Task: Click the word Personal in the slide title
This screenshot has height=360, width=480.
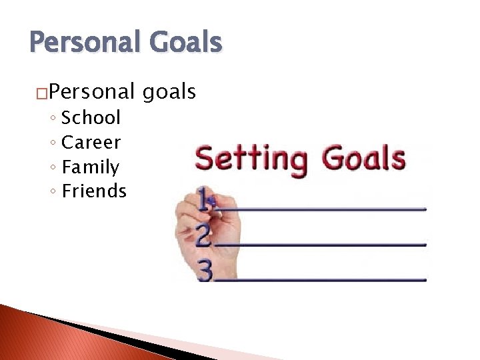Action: click(84, 43)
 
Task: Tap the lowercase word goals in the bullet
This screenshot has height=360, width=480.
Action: click(169, 92)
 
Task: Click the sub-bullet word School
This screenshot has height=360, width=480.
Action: click(91, 118)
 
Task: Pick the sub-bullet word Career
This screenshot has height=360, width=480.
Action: click(91, 143)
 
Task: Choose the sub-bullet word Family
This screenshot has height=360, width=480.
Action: click(90, 167)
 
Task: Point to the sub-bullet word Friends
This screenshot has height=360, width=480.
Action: click(94, 191)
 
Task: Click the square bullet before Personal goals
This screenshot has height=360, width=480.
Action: click(42, 93)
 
